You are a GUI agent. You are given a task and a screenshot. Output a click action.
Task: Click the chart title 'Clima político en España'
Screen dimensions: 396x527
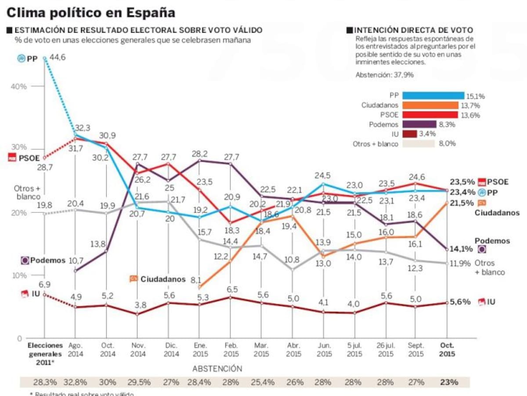pos(90,12)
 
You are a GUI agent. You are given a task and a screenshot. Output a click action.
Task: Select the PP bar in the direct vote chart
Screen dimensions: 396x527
pos(433,95)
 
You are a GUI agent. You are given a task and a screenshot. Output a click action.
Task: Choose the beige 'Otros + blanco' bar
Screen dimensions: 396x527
pos(418,143)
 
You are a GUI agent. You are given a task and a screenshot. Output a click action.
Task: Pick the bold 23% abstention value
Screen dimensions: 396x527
pos(449,381)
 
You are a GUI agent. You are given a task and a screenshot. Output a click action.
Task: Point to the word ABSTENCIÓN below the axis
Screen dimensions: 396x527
pos(217,368)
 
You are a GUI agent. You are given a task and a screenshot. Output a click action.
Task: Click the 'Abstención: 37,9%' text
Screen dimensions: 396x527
pos(384,75)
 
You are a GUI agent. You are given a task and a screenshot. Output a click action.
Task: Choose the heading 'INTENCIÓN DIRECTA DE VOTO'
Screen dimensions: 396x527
pos(413,30)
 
